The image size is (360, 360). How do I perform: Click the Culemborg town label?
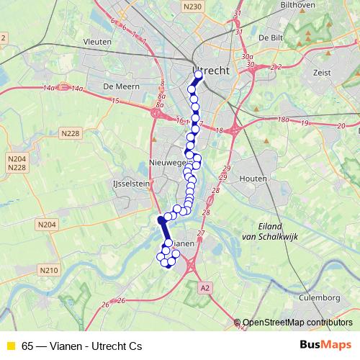pyautogui.click(x=320, y=297)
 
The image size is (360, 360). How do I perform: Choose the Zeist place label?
pyautogui.click(x=321, y=73)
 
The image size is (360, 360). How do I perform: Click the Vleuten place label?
pyautogui.click(x=97, y=42)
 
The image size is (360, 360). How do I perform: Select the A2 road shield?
pyautogui.click(x=206, y=288)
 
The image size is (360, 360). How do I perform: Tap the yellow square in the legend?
pyautogui.click(x=10, y=346)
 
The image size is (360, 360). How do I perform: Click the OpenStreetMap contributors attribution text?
pyautogui.click(x=298, y=323)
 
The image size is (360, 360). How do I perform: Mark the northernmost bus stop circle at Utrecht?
pyautogui.click(x=199, y=73)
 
